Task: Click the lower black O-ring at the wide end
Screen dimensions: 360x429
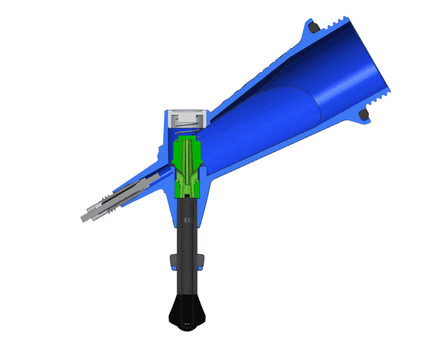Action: click(x=363, y=114)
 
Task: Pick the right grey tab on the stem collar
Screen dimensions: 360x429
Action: click(x=202, y=260)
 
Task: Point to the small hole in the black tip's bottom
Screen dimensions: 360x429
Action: click(x=187, y=325)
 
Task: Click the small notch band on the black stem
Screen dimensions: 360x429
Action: click(x=187, y=220)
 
